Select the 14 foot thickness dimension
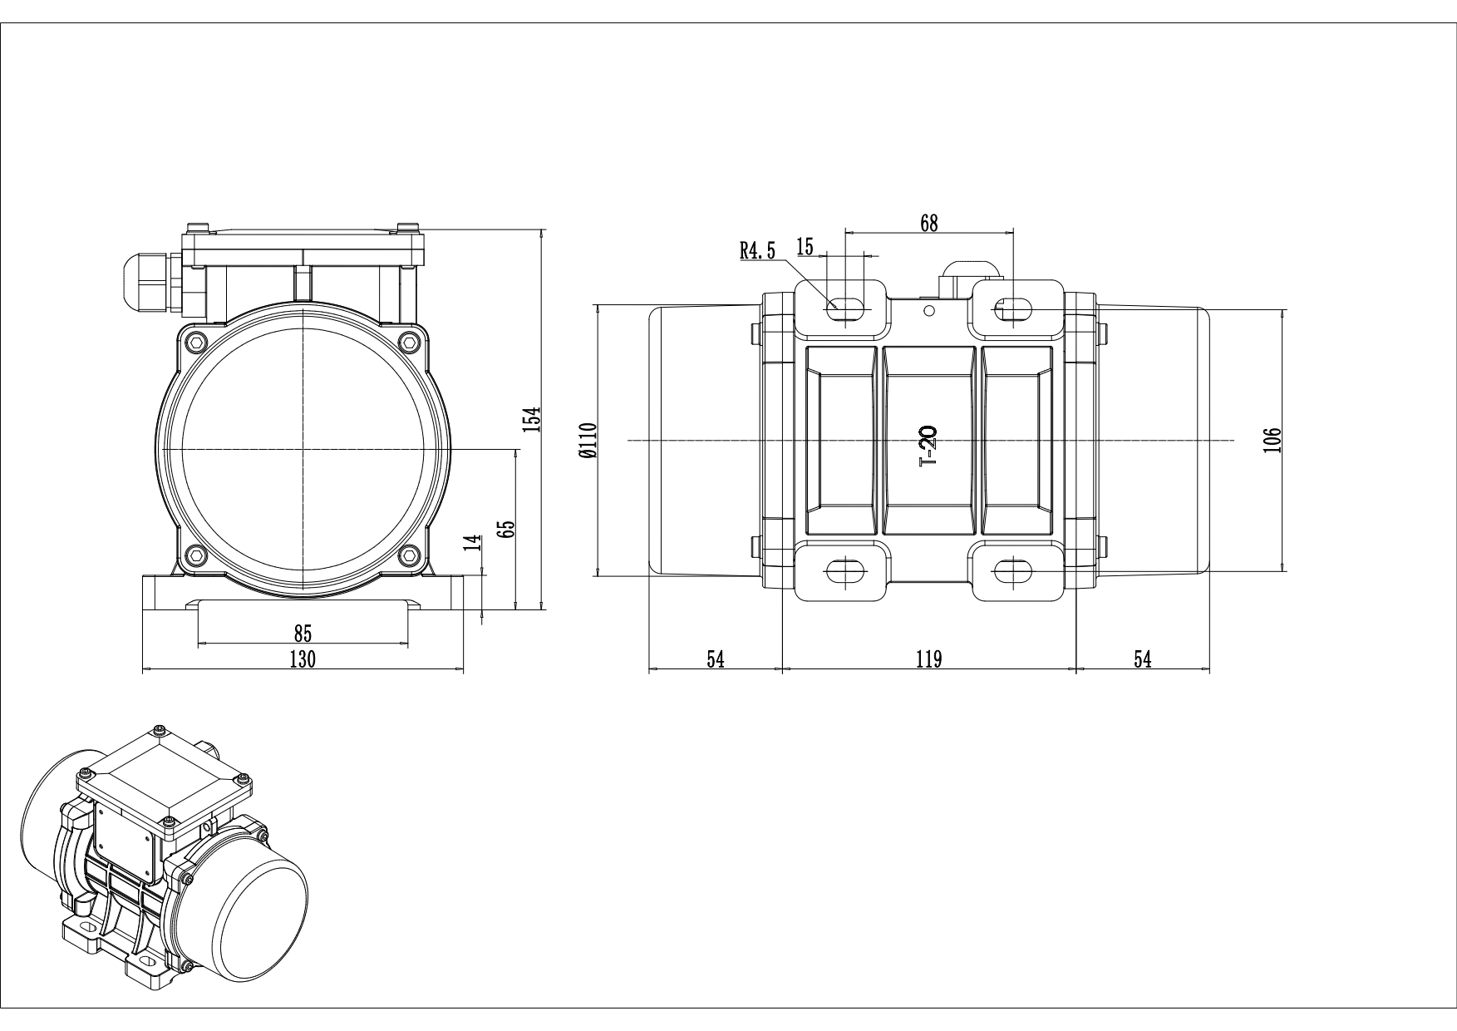coord(474,543)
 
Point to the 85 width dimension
coord(303,634)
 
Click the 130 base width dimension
coord(303,659)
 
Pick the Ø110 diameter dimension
coord(589,441)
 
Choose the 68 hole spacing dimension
coord(929,222)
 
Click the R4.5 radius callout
coord(757,250)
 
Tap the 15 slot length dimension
coord(805,246)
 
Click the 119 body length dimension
coord(928,659)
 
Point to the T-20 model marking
coord(928,446)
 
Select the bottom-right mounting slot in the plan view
coord(1013,570)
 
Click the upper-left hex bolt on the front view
coord(196,341)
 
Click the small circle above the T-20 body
coord(929,310)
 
